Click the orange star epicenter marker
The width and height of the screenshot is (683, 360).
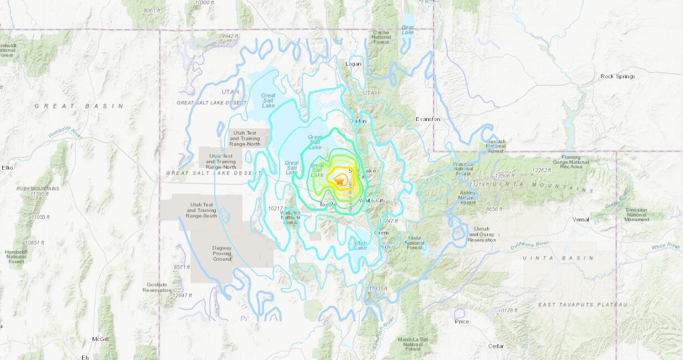(339, 180)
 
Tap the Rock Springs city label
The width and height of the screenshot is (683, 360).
(618, 77)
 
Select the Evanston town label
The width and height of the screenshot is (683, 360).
(428, 119)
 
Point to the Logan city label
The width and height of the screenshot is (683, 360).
(353, 64)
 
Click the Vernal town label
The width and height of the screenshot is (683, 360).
(581, 220)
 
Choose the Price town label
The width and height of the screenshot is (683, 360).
(462, 322)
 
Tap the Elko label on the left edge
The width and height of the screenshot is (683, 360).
(7, 168)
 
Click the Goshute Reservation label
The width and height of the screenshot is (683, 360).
(157, 287)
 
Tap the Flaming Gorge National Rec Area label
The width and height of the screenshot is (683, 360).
(571, 163)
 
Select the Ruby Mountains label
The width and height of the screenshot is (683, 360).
(38, 189)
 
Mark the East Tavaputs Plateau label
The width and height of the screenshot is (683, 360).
(583, 305)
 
